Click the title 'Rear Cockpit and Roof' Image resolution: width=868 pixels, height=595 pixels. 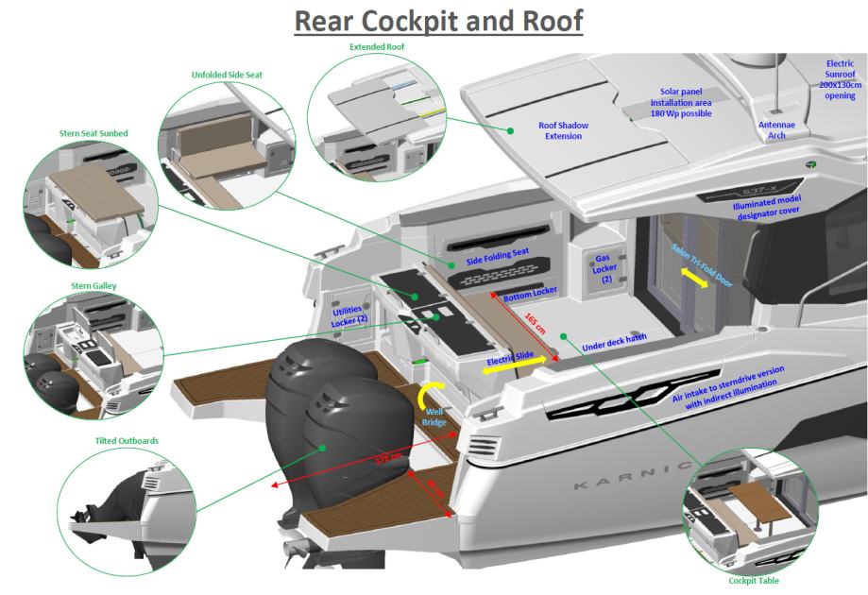434,21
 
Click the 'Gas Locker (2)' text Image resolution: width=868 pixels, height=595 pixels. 605,270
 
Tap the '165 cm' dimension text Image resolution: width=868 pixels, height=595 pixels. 535,325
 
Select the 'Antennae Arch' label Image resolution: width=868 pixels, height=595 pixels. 777,129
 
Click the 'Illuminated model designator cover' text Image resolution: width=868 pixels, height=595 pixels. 774,207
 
